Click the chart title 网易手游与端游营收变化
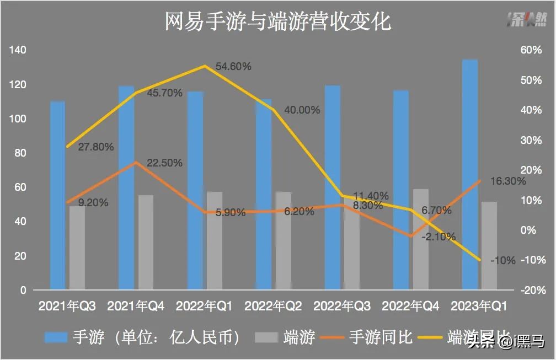click(278, 22)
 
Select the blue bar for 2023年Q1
click(469, 174)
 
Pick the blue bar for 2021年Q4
click(126, 187)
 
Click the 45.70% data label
click(164, 93)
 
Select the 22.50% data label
click(164, 163)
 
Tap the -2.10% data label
click(438, 237)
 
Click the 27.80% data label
click(96, 147)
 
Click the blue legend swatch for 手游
click(55, 337)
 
